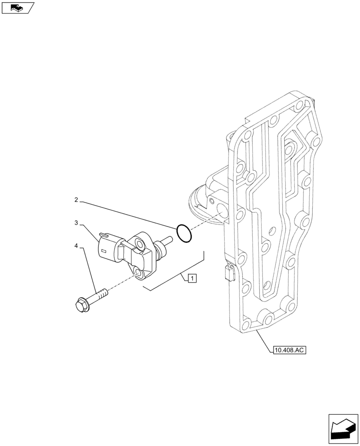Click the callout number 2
pos(76,201)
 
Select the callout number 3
pos(76,222)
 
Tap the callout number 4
pos(76,246)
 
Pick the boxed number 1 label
pos(192,279)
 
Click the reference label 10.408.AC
pos(288,350)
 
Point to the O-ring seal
pos(184,233)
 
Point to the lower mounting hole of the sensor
pos(139,273)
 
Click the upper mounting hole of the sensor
pos(140,243)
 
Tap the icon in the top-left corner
pos(17,7)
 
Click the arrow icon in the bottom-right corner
pos(343,429)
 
